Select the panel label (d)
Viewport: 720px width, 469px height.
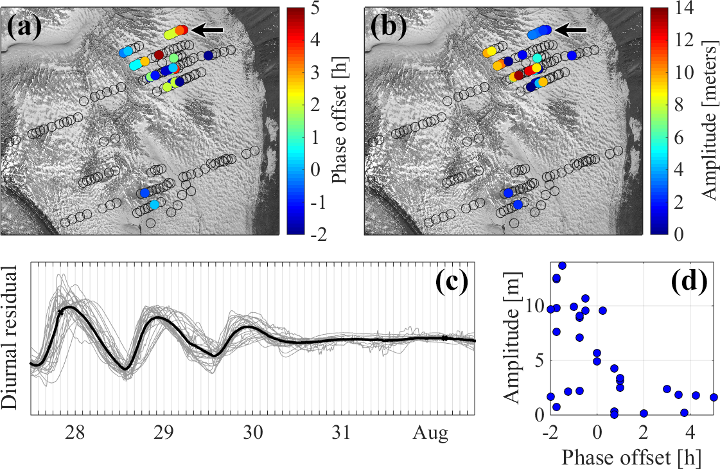687,281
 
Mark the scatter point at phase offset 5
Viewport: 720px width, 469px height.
713,398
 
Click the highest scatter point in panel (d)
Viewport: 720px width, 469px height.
562,265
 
